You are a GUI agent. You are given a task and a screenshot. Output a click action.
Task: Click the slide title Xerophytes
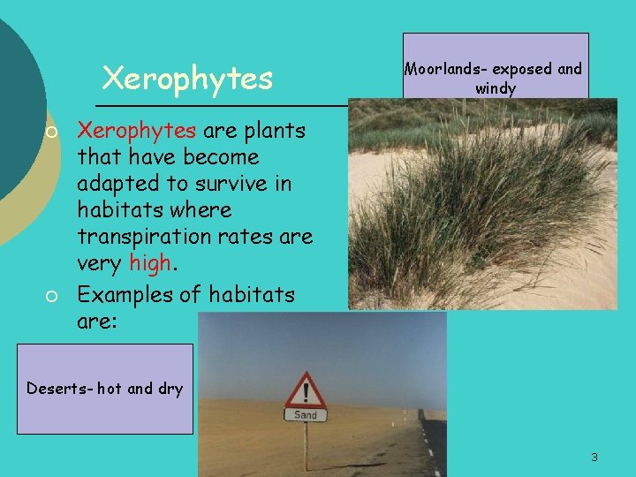click(x=187, y=79)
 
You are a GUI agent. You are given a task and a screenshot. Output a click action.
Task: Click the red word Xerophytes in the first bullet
click(x=136, y=131)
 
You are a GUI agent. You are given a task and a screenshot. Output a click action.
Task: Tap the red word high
click(x=148, y=263)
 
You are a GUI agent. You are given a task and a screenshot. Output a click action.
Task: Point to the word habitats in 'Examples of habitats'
click(x=251, y=293)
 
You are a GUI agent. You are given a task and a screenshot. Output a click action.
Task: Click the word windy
click(x=495, y=88)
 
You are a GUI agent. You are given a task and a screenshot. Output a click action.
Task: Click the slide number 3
click(x=594, y=457)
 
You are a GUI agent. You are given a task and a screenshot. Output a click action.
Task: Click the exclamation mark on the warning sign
click(x=306, y=390)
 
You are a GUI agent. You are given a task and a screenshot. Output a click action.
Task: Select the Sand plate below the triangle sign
click(x=306, y=414)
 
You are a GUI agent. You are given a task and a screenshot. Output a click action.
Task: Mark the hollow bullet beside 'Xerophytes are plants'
click(x=52, y=132)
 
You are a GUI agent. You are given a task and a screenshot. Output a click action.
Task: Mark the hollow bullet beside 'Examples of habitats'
click(x=52, y=295)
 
